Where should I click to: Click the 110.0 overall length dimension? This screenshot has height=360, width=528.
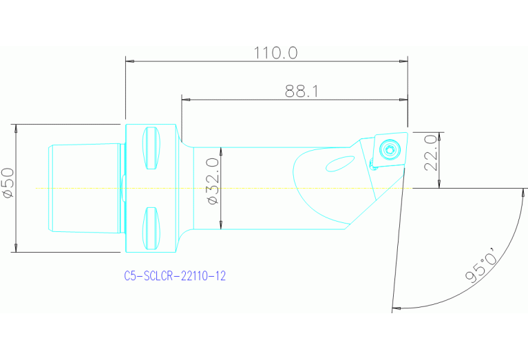pos(275,52)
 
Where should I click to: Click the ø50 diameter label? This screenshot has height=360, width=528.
pos(8,184)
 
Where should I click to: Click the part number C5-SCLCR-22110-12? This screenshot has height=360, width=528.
pos(175,276)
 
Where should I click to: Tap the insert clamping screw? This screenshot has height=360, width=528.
pos(390,149)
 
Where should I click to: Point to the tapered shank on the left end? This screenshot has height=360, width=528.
pos(83,187)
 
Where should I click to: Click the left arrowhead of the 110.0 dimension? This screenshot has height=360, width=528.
pos(129,61)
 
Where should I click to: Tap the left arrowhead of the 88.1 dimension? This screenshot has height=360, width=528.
pos(184,99)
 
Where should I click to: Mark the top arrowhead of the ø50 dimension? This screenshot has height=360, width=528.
pos(15,128)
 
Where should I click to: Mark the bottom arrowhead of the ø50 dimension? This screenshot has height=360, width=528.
pos(15,248)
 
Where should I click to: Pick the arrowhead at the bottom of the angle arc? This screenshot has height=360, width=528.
pos(395,308)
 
